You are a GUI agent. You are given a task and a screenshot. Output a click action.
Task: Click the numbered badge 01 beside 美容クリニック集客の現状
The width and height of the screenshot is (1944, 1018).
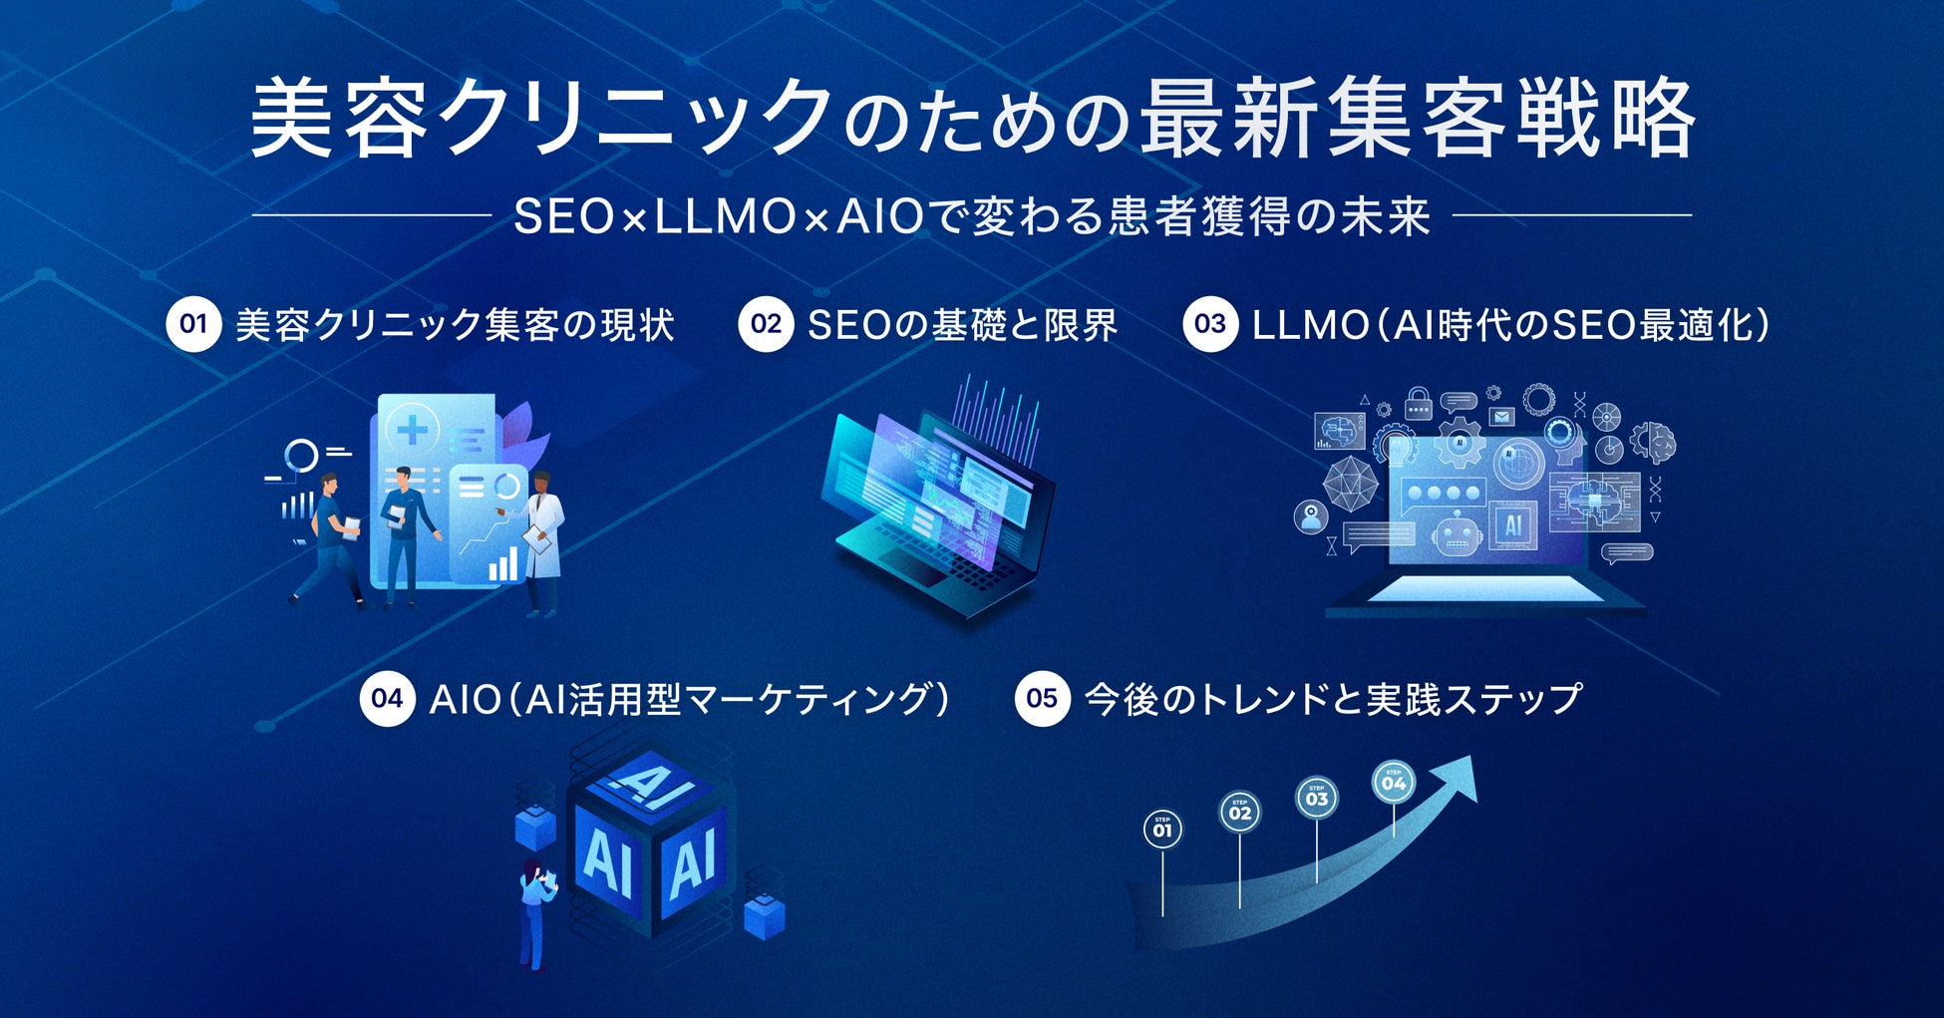click(x=193, y=324)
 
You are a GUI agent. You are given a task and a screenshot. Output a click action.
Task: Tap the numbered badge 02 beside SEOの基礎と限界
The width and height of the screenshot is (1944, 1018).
click(x=766, y=324)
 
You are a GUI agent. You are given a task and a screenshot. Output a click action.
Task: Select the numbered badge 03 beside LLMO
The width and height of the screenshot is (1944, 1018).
click(x=1210, y=324)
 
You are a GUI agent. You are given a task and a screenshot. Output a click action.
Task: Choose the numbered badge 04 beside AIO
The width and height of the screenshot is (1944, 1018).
click(x=387, y=698)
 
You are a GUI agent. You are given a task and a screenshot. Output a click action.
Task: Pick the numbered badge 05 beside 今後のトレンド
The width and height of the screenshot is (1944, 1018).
click(x=1042, y=698)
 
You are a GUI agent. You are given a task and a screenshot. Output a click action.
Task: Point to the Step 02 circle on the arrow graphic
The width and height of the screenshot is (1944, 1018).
click(x=1240, y=813)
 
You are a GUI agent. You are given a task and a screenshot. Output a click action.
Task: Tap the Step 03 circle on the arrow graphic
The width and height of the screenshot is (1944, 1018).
click(x=1317, y=799)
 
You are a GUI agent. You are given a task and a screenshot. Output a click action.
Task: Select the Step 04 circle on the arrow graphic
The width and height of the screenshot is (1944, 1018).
click(x=1394, y=783)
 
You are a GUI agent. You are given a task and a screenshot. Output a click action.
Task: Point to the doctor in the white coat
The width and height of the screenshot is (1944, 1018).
click(x=542, y=538)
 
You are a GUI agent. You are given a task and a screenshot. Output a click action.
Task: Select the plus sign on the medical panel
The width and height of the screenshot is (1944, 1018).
click(x=412, y=431)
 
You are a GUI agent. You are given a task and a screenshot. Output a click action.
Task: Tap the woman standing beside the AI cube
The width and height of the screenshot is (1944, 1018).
click(x=536, y=912)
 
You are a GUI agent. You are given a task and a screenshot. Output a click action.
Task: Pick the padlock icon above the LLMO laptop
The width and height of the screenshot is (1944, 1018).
click(x=1418, y=404)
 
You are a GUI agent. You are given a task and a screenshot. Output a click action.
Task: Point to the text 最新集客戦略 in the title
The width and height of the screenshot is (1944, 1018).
click(x=1416, y=120)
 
